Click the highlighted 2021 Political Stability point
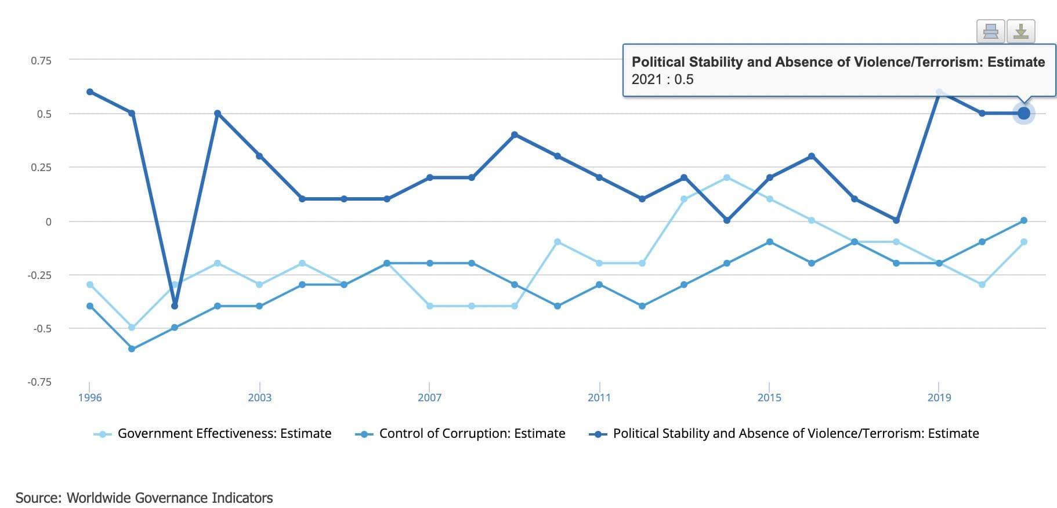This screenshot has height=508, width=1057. point(1023,113)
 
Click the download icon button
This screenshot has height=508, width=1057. point(1020,31)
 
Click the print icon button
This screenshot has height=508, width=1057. point(990,31)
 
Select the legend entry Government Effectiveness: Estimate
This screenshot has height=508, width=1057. point(224,434)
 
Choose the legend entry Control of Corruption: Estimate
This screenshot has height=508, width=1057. point(472,434)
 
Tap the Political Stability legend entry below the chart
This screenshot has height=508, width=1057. point(795,434)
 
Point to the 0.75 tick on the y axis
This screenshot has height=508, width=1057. point(41,60)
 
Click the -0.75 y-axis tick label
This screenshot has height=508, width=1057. point(39,382)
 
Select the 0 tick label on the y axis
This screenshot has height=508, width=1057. point(48,222)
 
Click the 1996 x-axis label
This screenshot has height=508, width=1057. point(89,398)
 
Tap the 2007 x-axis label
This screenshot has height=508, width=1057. point(429,398)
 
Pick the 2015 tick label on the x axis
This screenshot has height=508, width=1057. point(769,398)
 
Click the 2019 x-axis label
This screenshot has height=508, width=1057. point(939,398)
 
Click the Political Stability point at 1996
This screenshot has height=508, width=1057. point(90,92)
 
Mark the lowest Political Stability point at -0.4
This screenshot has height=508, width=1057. point(175,306)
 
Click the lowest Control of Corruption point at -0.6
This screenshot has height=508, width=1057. point(132,349)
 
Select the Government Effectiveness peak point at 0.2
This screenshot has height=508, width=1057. point(727,177)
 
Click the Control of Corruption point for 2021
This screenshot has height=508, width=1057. point(1023,220)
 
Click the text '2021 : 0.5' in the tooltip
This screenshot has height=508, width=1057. point(662,79)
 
